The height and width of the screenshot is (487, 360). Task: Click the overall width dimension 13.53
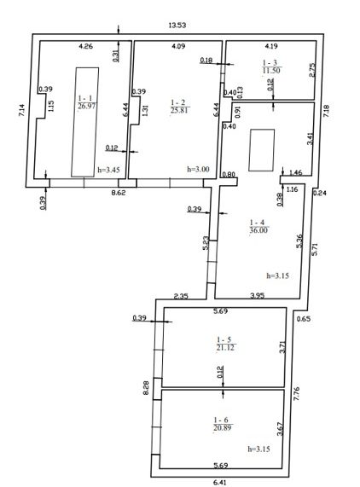pos(177,25)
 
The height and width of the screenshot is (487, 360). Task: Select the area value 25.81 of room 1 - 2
pos(179,110)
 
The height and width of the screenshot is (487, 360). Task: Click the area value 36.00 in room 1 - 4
pos(258,230)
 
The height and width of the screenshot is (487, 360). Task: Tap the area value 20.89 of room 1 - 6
pos(223,428)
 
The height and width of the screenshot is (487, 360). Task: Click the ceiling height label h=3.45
pos(108,170)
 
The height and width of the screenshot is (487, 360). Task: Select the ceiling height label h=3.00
pos(198,169)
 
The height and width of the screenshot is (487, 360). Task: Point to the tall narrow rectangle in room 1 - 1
pos(85,122)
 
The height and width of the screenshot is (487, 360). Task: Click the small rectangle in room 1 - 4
pos(262,150)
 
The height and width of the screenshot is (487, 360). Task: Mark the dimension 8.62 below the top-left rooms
pos(119,193)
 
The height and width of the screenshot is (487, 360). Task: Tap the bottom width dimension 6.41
pos(220,483)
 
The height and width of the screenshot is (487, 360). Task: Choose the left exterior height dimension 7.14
pos(21,110)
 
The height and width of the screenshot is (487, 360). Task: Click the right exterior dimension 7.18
pos(326,111)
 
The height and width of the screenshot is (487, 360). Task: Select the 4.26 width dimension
pos(85,47)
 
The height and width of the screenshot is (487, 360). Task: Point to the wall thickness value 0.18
pos(206,61)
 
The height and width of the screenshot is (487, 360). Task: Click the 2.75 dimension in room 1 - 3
pos(312,70)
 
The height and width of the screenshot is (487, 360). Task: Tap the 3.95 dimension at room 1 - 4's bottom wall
pos(257,295)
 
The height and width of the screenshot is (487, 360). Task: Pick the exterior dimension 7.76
pos(296,393)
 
